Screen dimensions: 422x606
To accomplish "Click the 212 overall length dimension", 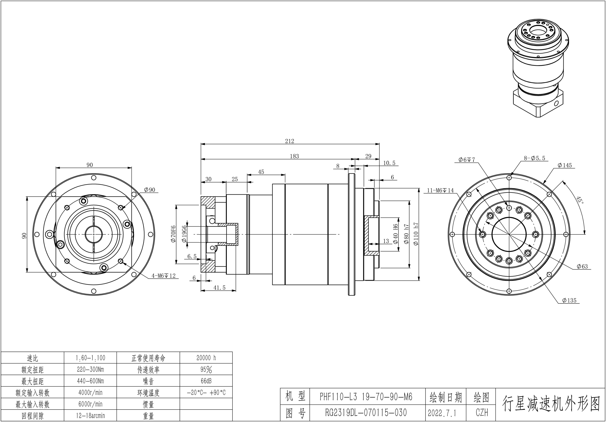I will [x=290, y=141].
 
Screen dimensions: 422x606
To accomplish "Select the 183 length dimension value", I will [x=294, y=156].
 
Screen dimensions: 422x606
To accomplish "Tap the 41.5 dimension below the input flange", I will [x=219, y=288].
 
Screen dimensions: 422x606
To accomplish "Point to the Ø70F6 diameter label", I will [x=173, y=234].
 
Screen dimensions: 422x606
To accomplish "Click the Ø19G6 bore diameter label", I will [x=184, y=234].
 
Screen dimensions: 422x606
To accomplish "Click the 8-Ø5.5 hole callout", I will [x=534, y=158].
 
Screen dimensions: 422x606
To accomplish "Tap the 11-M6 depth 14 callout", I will [x=440, y=191].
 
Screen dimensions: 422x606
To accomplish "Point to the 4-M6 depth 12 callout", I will [x=163, y=276].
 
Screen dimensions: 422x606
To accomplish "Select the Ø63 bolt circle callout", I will [x=582, y=267].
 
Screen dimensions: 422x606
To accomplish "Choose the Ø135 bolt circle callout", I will [x=569, y=300].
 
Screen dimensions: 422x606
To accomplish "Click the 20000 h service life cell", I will [x=206, y=358].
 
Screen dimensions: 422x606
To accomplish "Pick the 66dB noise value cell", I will [x=206, y=381].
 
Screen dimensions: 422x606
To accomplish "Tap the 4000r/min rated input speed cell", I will [x=90, y=392].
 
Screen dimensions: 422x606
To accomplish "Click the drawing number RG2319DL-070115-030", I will [x=366, y=412].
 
